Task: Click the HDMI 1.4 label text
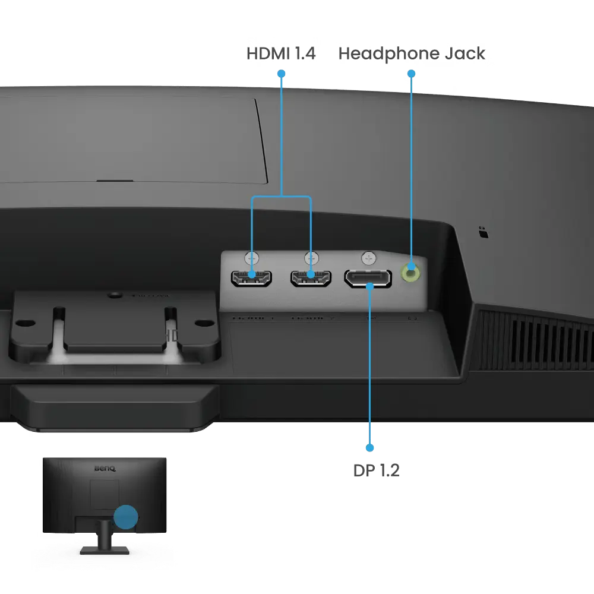point(282,54)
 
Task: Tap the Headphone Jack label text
point(411,54)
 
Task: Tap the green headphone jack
point(411,273)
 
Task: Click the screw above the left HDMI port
point(252,258)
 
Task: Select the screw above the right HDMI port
point(311,258)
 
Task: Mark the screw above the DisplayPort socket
point(369,258)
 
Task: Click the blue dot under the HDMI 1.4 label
point(281,74)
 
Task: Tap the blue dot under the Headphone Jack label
point(411,74)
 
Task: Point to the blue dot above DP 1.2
point(370,447)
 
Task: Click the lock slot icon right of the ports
point(482,232)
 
